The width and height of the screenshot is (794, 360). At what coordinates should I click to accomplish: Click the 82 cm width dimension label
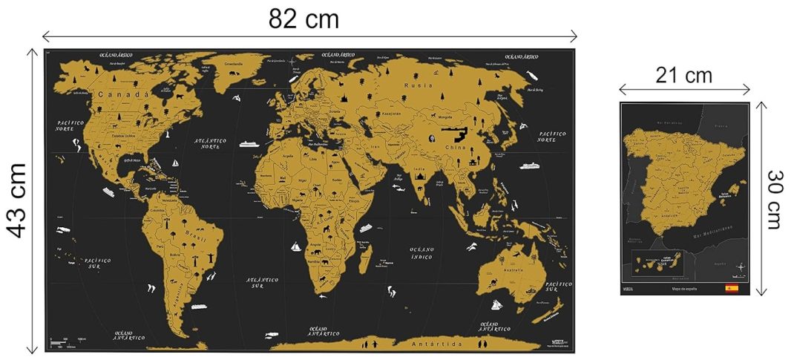[x=304, y=19]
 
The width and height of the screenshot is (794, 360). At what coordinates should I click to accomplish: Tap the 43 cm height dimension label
[x=17, y=200]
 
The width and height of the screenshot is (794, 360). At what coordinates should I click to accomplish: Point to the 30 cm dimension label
[x=775, y=199]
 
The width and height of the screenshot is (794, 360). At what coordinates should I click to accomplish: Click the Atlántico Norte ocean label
[x=209, y=144]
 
